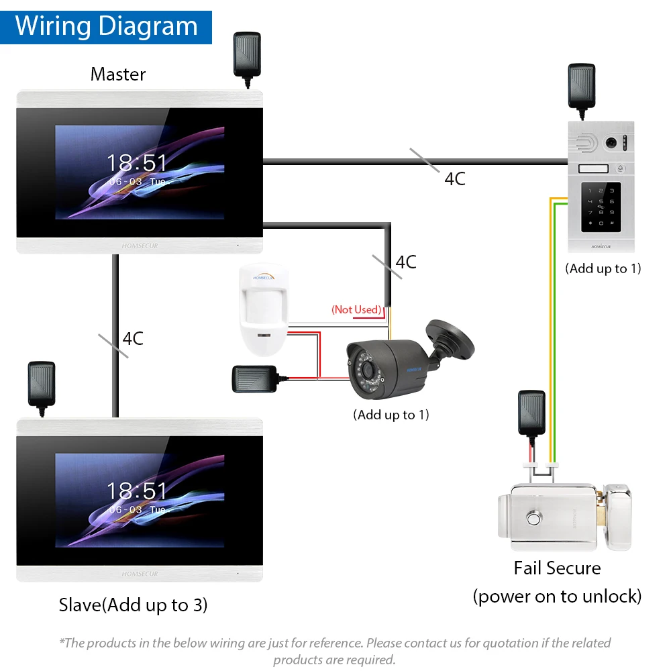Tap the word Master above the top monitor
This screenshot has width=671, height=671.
tap(118, 74)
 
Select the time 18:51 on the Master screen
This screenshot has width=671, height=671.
tap(138, 163)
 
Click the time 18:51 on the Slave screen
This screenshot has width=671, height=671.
tap(138, 491)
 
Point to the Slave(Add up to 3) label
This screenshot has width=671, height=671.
tap(133, 605)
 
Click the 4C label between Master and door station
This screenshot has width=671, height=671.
tap(454, 178)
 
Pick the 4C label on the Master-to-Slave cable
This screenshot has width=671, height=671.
tap(132, 338)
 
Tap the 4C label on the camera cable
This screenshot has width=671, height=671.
tap(405, 262)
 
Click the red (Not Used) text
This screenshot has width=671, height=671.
tap(356, 309)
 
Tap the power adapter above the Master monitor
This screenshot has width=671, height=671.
tap(246, 55)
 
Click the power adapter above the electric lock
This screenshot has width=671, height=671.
tap(531, 412)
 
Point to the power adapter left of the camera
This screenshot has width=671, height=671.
tap(254, 378)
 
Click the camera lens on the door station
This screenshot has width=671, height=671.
tap(611, 142)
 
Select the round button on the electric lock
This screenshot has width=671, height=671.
tap(534, 519)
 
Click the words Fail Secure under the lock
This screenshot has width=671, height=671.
tap(557, 568)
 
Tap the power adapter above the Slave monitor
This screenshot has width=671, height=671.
tap(42, 384)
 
